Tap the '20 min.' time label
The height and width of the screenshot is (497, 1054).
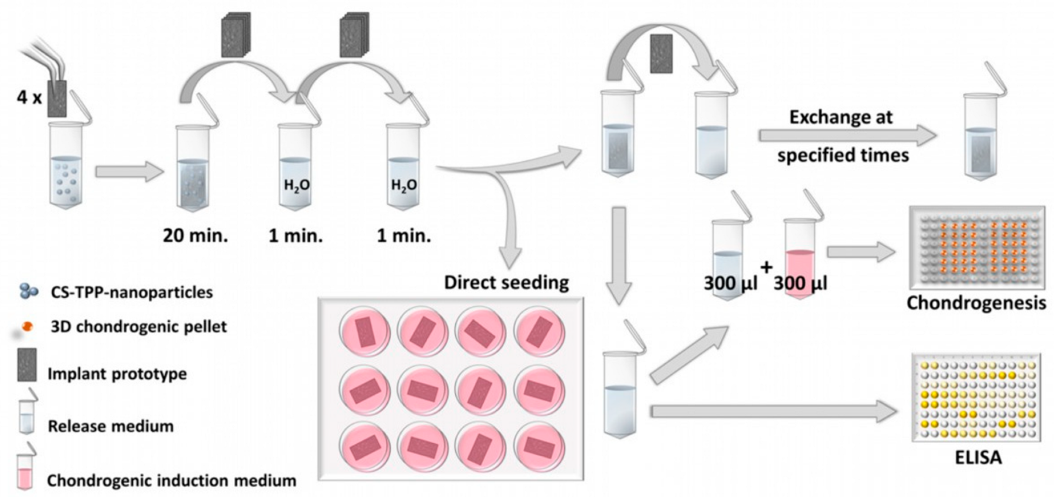tap(195, 235)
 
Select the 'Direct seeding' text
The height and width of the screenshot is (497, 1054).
tap(506, 282)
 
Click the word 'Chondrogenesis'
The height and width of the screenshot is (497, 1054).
tap(976, 303)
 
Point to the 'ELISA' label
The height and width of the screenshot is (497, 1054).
tap(978, 458)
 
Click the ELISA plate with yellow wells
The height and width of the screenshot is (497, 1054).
tap(976, 399)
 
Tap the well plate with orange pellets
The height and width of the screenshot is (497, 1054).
tap(976, 248)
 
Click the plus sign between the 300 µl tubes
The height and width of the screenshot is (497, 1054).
tap(766, 267)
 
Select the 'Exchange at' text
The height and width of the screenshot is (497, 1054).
tap(841, 117)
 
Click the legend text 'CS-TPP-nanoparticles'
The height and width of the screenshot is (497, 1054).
tap(132, 293)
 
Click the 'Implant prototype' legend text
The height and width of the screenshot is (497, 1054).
tap(117, 373)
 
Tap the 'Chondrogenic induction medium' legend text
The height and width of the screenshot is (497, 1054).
tap(171, 480)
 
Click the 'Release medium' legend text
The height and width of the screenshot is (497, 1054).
tap(111, 426)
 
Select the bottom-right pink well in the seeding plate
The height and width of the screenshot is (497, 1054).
tap(539, 447)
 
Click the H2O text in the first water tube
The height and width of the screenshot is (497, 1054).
tap(296, 186)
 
